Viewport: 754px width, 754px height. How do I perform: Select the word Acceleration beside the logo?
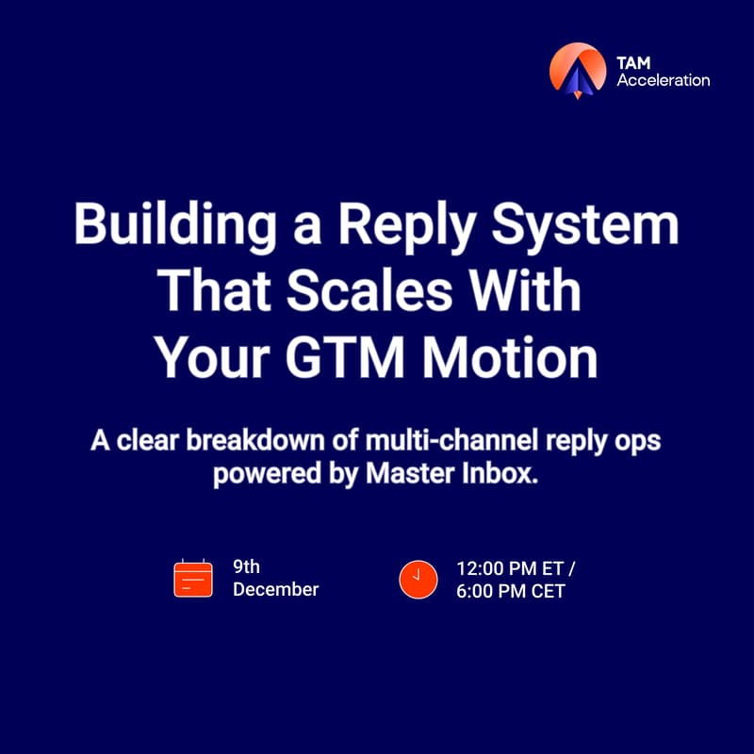(663, 80)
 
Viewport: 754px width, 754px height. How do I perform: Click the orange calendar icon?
(193, 579)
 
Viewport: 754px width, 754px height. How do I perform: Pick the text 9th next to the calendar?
(246, 567)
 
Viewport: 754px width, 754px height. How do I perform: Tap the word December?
(275, 590)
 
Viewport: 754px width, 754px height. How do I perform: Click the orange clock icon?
(418, 579)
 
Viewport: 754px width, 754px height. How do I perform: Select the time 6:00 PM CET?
(510, 592)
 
